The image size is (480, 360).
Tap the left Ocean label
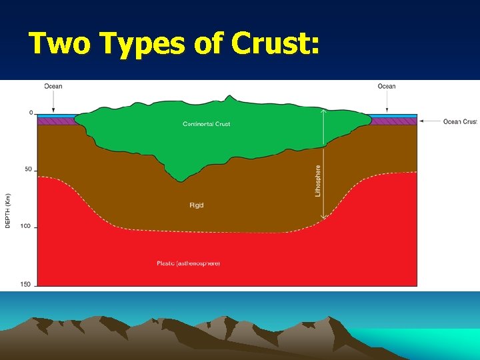point(53,86)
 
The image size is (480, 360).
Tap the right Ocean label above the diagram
point(387,86)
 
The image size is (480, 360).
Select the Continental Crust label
point(207,124)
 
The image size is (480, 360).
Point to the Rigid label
point(196,205)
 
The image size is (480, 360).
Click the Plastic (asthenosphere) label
point(189,263)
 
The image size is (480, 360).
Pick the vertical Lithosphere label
point(318,181)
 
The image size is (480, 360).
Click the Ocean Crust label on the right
point(461,121)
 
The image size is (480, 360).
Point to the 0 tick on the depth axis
point(31,113)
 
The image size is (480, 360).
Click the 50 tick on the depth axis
point(29,169)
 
